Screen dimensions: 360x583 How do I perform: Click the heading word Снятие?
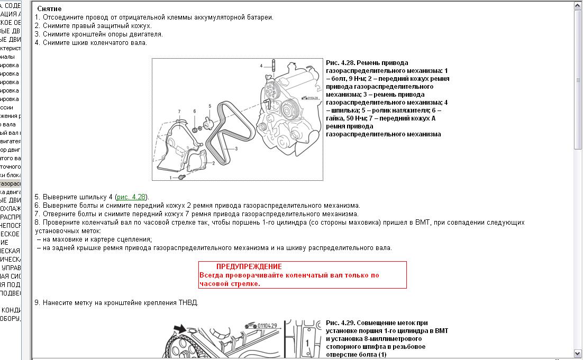click(x=49, y=9)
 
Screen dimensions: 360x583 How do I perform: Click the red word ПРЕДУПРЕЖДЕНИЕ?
click(x=249, y=266)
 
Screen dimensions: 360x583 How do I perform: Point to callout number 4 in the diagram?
click(x=261, y=66)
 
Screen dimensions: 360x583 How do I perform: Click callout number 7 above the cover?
click(x=179, y=111)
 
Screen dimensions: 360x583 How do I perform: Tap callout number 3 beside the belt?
click(x=236, y=150)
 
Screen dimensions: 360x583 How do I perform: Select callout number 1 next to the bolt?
click(x=171, y=177)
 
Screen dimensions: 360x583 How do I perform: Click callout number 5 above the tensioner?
click(x=210, y=106)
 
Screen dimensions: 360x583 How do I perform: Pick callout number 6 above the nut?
click(x=195, y=111)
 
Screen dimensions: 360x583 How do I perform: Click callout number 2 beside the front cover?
click(x=213, y=163)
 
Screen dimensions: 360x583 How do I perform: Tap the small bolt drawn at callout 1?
click(x=181, y=176)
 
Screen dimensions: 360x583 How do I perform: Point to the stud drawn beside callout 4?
click(x=274, y=68)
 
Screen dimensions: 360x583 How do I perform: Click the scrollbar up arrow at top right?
click(x=578, y=5)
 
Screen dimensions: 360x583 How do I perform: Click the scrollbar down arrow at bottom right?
click(x=578, y=353)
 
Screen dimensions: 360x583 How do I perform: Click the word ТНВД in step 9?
click(x=189, y=303)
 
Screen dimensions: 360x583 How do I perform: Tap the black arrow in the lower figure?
click(x=181, y=329)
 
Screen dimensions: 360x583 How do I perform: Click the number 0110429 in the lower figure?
click(x=265, y=326)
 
